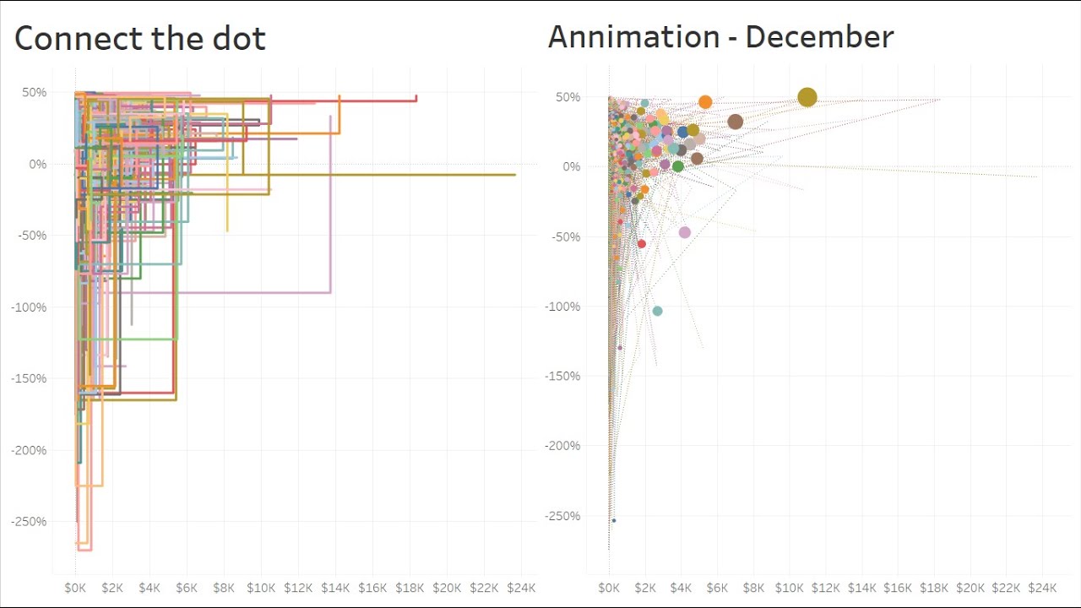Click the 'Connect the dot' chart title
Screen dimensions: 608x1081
[140, 39]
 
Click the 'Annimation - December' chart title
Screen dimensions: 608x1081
[720, 37]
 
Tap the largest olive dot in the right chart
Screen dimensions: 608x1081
[807, 98]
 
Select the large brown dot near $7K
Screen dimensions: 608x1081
[735, 122]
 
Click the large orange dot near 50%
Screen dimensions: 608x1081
[705, 102]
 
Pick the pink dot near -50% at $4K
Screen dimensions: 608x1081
[685, 232]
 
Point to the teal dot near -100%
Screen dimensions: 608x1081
[657, 312]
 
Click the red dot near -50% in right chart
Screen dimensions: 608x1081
[641, 244]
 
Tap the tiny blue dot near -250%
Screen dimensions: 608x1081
[614, 520]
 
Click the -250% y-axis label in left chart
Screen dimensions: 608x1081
[30, 522]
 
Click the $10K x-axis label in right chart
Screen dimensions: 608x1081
[790, 588]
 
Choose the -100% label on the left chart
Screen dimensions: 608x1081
[30, 307]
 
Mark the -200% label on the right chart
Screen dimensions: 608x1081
[563, 446]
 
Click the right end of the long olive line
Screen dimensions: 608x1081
[514, 175]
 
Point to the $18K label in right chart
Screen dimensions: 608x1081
[934, 588]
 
